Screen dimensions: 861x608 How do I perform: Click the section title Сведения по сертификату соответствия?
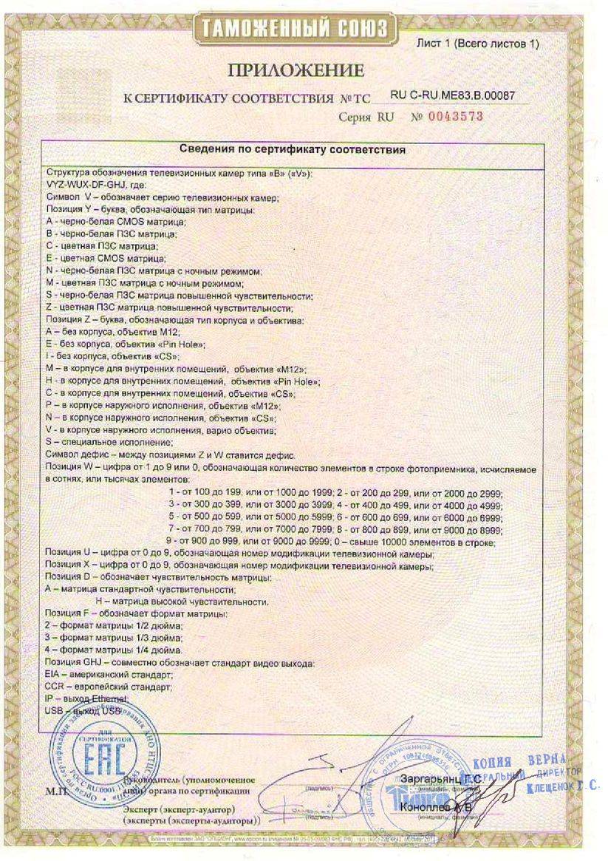point(294,149)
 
